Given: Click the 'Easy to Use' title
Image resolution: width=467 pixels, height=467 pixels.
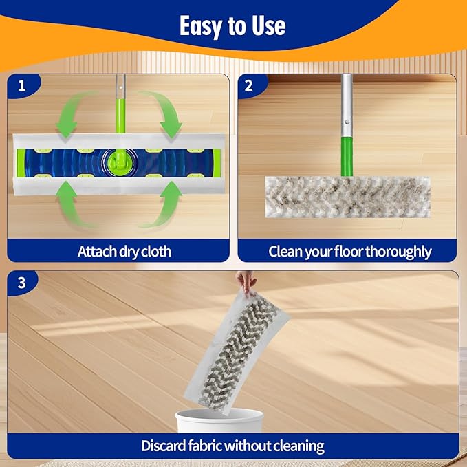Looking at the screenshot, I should (x=232, y=26).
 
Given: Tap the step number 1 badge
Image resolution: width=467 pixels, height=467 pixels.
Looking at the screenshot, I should (x=22, y=87).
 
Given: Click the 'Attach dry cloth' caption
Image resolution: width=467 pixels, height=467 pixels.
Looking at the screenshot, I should (x=124, y=251).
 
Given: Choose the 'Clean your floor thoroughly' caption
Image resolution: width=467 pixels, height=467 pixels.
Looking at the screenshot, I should (x=349, y=251).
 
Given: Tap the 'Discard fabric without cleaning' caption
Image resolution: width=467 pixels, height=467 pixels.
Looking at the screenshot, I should (x=232, y=445).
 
